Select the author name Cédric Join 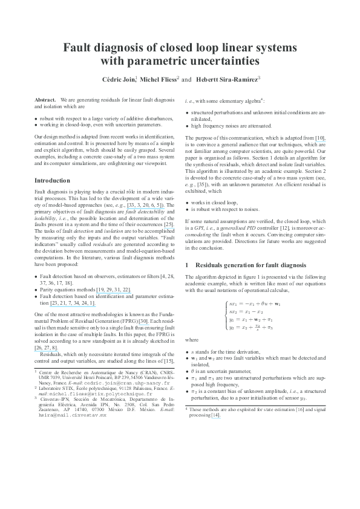[x=119, y=79]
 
